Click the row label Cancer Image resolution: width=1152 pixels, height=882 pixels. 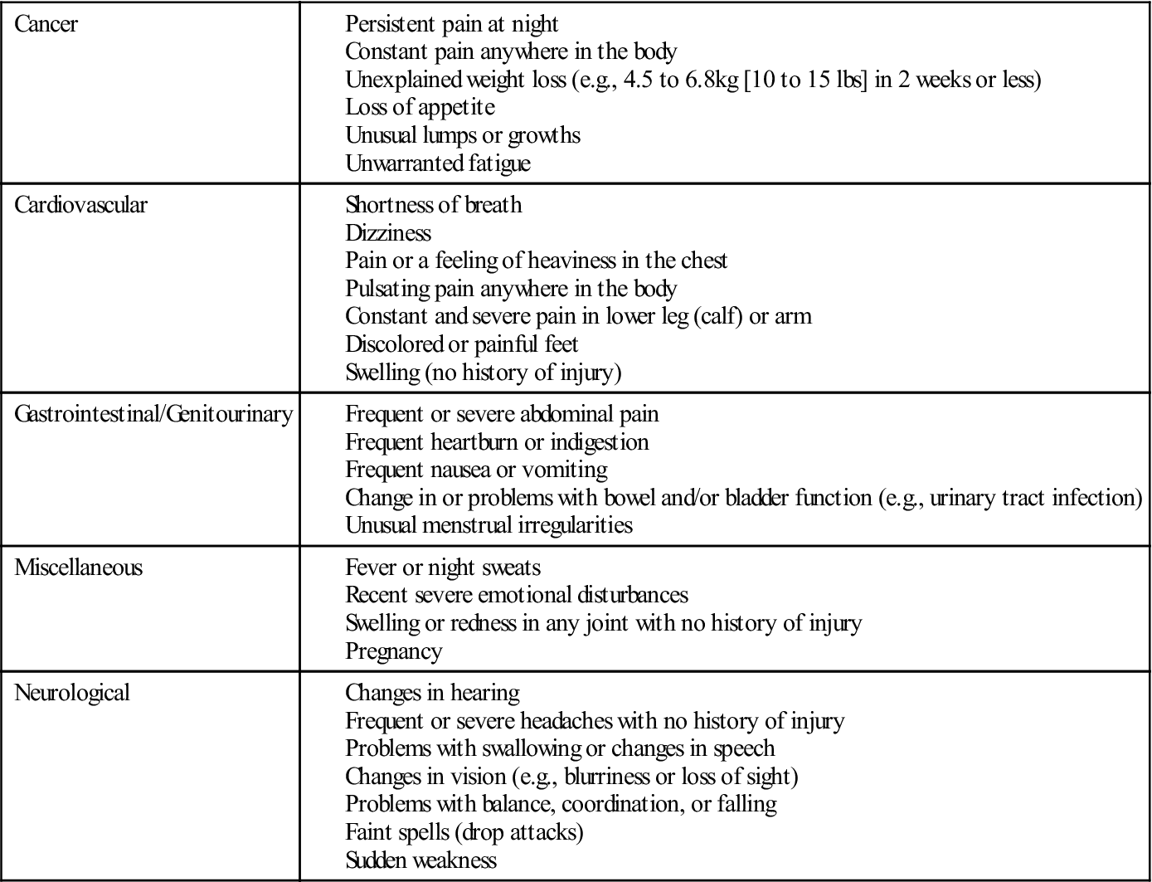coord(46,24)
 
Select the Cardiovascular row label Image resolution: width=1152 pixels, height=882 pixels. coord(80,205)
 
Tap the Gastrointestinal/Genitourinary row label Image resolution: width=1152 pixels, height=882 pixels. coord(153,414)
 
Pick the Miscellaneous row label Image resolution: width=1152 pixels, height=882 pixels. coord(78,568)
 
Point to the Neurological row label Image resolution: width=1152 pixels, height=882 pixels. coord(72,693)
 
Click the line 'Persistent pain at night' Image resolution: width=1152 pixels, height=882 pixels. coord(451,24)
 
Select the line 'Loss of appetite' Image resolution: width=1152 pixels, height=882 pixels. coord(420,107)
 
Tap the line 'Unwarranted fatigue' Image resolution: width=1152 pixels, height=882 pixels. coord(437,163)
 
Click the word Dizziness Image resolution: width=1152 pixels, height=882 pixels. coord(388,232)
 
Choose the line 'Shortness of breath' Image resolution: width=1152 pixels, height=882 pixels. coord(433,205)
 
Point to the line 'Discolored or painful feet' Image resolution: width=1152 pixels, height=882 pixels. coord(461,344)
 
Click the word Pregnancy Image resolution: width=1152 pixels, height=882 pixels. coord(393,651)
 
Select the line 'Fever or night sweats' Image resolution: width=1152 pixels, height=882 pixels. coord(442,568)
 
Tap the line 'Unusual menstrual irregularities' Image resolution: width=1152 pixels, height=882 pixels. coord(489,525)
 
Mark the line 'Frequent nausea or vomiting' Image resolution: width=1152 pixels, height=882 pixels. coord(476,470)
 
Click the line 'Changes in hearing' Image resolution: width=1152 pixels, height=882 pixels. coord(432,693)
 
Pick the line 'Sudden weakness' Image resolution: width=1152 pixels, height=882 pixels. coord(420,860)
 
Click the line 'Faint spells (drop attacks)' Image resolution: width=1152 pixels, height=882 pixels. coord(464,831)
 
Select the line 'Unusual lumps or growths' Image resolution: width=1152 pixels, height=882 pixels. coord(462,135)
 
